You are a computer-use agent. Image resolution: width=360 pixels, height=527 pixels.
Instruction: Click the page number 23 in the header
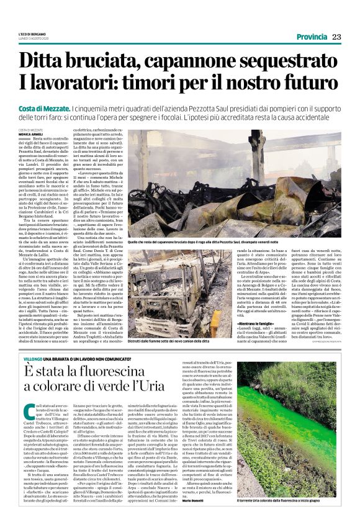pyautogui.click(x=336, y=37)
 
